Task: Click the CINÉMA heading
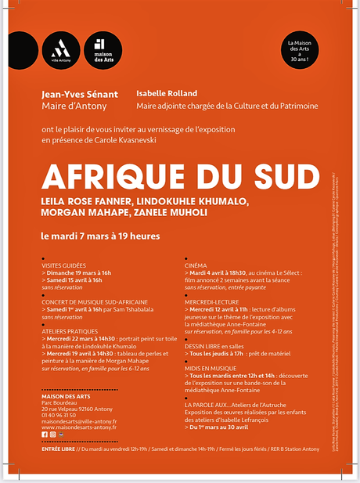196,265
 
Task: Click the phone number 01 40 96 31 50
65,416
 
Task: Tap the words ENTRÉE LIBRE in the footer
59,449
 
